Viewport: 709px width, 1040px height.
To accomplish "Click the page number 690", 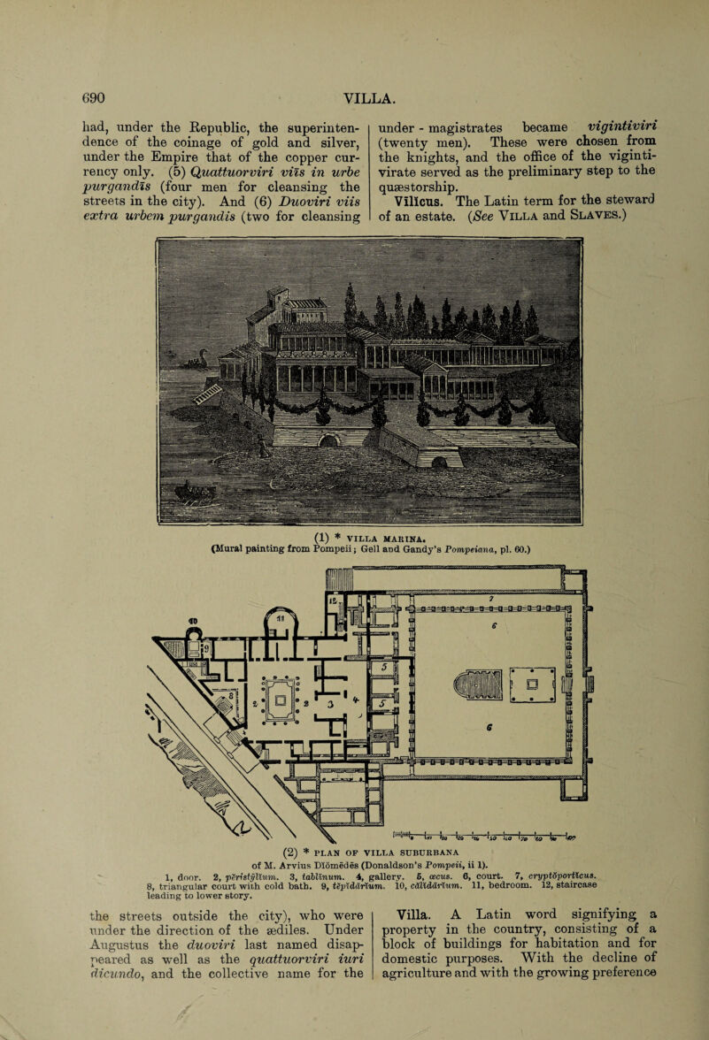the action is point(93,98).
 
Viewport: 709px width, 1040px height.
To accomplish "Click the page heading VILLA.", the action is point(370,99).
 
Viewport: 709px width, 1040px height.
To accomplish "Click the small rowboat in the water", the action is point(196,493).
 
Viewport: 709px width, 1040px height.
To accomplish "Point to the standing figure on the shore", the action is point(264,447).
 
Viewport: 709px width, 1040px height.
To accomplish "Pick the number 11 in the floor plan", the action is point(280,619).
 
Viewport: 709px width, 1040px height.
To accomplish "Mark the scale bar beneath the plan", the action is point(484,835).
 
